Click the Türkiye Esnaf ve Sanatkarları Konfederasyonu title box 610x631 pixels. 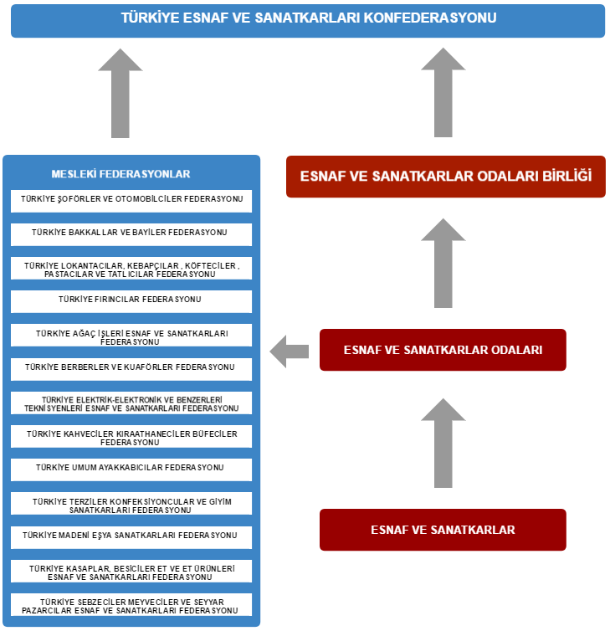click(308, 21)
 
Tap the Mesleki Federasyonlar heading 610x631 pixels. click(120, 174)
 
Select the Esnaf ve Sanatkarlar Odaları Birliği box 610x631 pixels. click(446, 177)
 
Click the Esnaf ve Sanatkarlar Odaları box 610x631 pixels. click(443, 350)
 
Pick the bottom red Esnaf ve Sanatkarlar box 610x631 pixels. click(443, 530)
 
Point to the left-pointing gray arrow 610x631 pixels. click(289, 351)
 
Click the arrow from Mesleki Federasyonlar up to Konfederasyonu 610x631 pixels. click(120, 94)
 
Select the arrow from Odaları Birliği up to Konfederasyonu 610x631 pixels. click(443, 93)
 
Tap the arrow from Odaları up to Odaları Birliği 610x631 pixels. click(443, 263)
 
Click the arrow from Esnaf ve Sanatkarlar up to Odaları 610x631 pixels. click(443, 443)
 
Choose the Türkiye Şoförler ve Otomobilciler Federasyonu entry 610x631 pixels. click(131, 201)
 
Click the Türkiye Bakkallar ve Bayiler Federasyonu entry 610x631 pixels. click(131, 234)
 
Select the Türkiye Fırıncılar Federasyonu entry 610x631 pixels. click(131, 301)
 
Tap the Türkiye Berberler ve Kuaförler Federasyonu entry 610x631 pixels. click(131, 369)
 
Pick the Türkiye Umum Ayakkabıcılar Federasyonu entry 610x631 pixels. click(131, 469)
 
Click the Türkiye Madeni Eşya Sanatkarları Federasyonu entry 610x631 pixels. click(131, 537)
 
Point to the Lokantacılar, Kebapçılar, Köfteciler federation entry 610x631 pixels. click(131, 268)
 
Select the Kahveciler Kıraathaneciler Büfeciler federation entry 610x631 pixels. click(131, 436)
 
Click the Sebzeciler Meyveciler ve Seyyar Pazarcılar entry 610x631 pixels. click(131, 604)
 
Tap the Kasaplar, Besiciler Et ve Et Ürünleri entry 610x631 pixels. click(131, 571)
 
